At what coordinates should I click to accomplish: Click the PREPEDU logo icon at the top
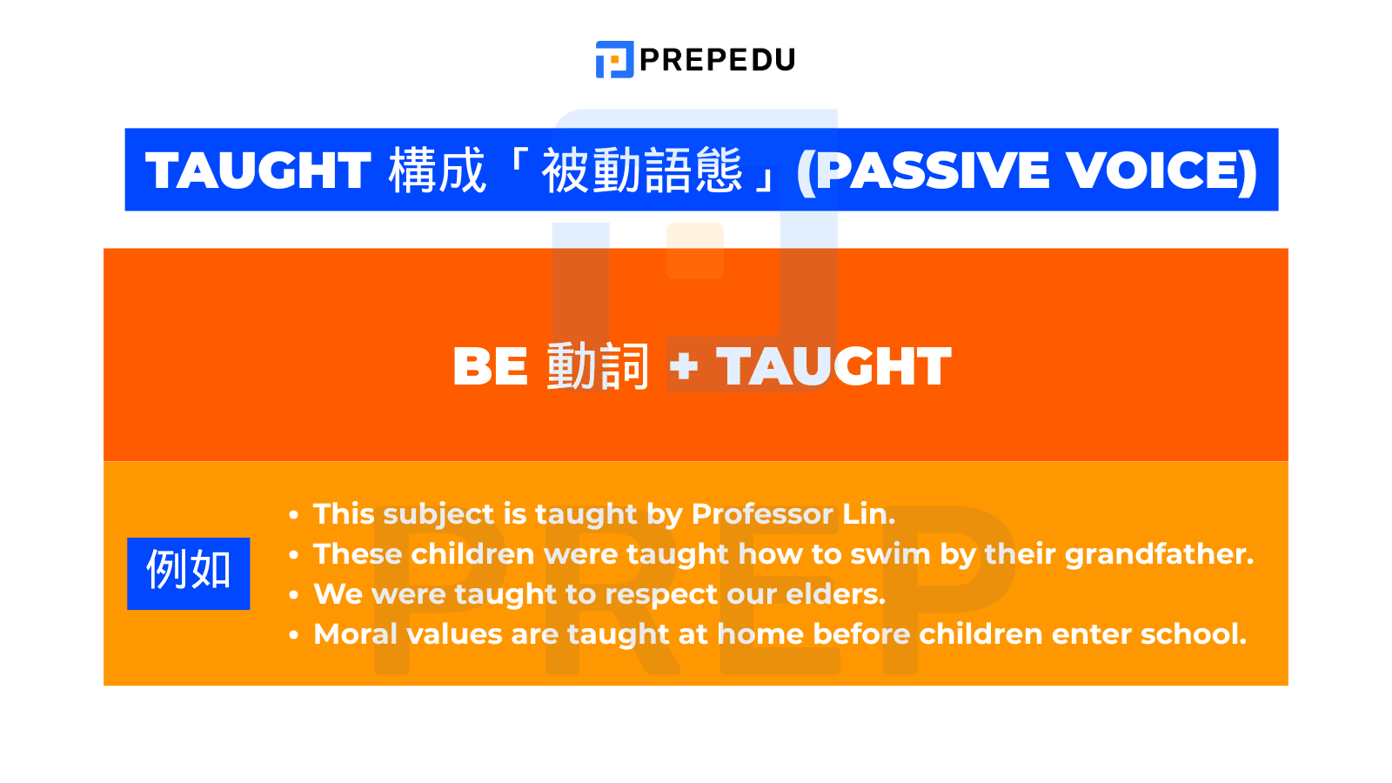[x=614, y=59]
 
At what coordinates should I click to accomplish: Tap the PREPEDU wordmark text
[x=717, y=59]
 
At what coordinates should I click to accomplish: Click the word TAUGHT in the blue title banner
[x=258, y=171]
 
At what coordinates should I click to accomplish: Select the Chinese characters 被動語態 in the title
[x=642, y=171]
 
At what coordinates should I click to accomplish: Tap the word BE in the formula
[x=490, y=366]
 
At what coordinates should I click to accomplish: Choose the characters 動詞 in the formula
[x=598, y=366]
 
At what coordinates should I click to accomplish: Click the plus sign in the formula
[x=684, y=366]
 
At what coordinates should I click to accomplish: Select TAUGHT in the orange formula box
[x=833, y=366]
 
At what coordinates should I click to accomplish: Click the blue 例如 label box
[x=188, y=573]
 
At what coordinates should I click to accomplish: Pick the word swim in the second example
[x=890, y=554]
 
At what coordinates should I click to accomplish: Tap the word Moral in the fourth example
[x=355, y=634]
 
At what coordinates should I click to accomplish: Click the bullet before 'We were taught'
[x=294, y=595]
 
